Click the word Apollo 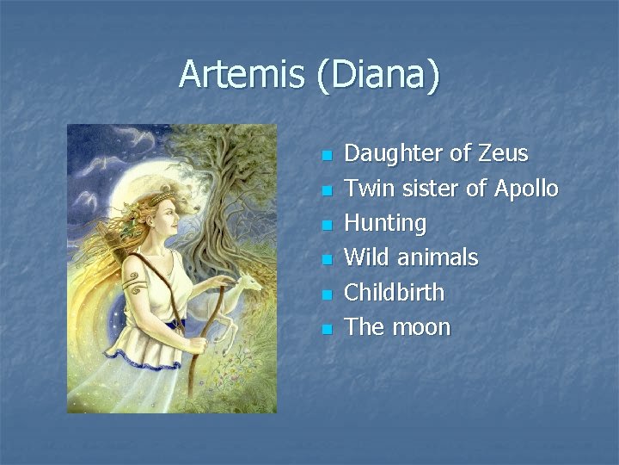point(524,189)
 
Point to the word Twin point(367,189)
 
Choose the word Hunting point(385,224)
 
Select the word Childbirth point(394,293)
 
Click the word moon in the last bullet point(420,327)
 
